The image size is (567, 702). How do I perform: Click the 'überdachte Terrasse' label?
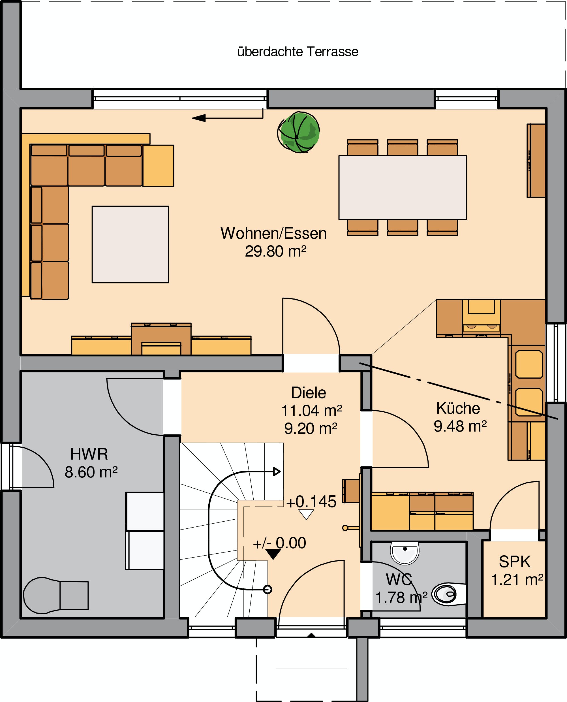point(298,52)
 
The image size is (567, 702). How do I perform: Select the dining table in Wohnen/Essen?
point(402,187)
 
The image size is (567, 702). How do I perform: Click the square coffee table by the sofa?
point(130,244)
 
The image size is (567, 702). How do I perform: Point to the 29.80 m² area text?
point(276,251)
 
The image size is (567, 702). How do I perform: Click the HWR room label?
point(89,454)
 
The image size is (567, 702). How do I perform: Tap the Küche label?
point(458,408)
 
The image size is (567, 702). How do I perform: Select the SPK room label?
point(515,562)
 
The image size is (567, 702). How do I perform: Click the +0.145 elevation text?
point(311,502)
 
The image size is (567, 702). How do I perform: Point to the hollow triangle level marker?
point(306,515)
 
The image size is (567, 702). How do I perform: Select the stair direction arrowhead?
point(277,471)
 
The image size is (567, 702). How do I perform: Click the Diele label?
point(308,393)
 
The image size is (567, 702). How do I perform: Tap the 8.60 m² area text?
point(91,472)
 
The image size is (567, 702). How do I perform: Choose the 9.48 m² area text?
point(460,426)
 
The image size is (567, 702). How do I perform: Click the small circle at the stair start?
point(268,589)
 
